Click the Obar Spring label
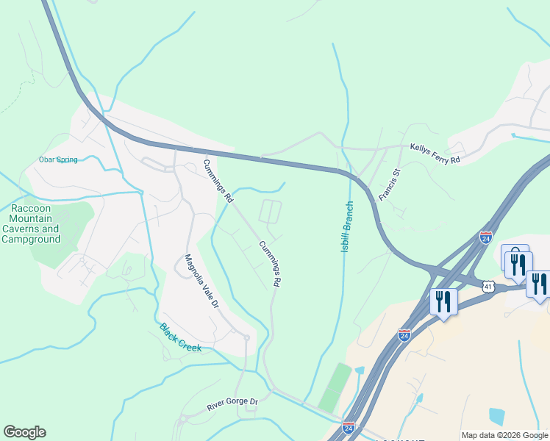click(58, 159)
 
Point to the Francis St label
click(389, 184)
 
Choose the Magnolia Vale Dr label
click(201, 281)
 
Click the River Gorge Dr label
click(232, 402)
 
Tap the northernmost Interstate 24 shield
click(485, 237)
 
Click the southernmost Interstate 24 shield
click(349, 427)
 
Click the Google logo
click(24, 432)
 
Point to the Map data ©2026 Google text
click(504, 435)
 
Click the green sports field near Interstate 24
click(335, 387)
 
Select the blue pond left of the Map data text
click(497, 417)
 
